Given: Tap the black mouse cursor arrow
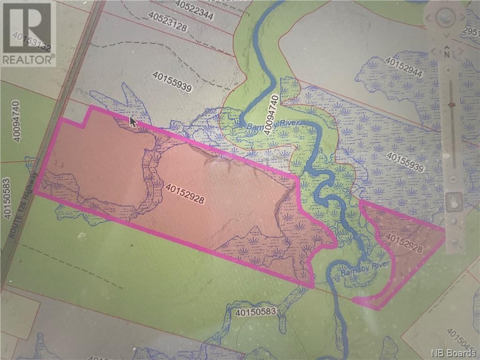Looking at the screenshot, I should pos(133,123).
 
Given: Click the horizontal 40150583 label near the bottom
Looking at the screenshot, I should pos(257,311).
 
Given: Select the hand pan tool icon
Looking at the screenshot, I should pos(454,202).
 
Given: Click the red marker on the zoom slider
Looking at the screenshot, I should pos(452,105).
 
